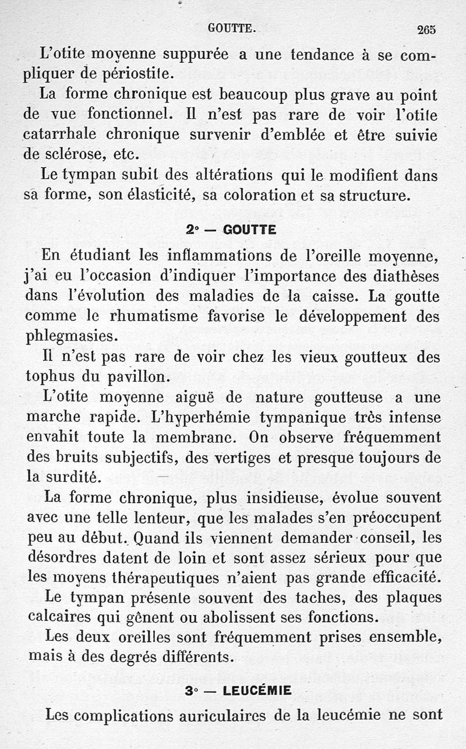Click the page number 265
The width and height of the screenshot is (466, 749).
click(x=426, y=29)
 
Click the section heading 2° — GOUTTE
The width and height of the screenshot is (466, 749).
click(x=231, y=230)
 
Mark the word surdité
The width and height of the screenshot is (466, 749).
click(x=72, y=477)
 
